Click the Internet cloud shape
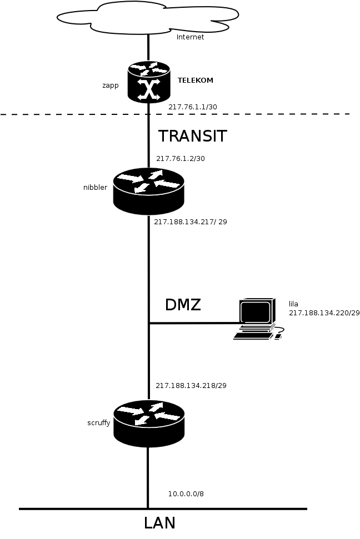pyautogui.click(x=148, y=17)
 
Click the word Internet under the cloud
pyautogui.click(x=190, y=37)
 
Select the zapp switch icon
pyautogui.click(x=148, y=82)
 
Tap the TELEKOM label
pyautogui.click(x=195, y=80)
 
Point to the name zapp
pyautogui.click(x=111, y=85)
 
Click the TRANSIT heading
pyautogui.click(x=193, y=136)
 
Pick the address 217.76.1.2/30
pyautogui.click(x=181, y=158)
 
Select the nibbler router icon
pyautogui.click(x=148, y=190)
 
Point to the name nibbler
pyautogui.click(x=95, y=187)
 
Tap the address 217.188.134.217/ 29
pyautogui.click(x=190, y=221)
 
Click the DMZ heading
pyautogui.click(x=183, y=305)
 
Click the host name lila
pyautogui.click(x=293, y=304)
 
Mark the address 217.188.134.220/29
pyautogui.click(x=324, y=313)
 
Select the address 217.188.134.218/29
pyautogui.click(x=191, y=385)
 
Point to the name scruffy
pyautogui.click(x=98, y=422)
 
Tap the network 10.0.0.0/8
pyautogui.click(x=189, y=493)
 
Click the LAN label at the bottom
pyautogui.click(x=159, y=523)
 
